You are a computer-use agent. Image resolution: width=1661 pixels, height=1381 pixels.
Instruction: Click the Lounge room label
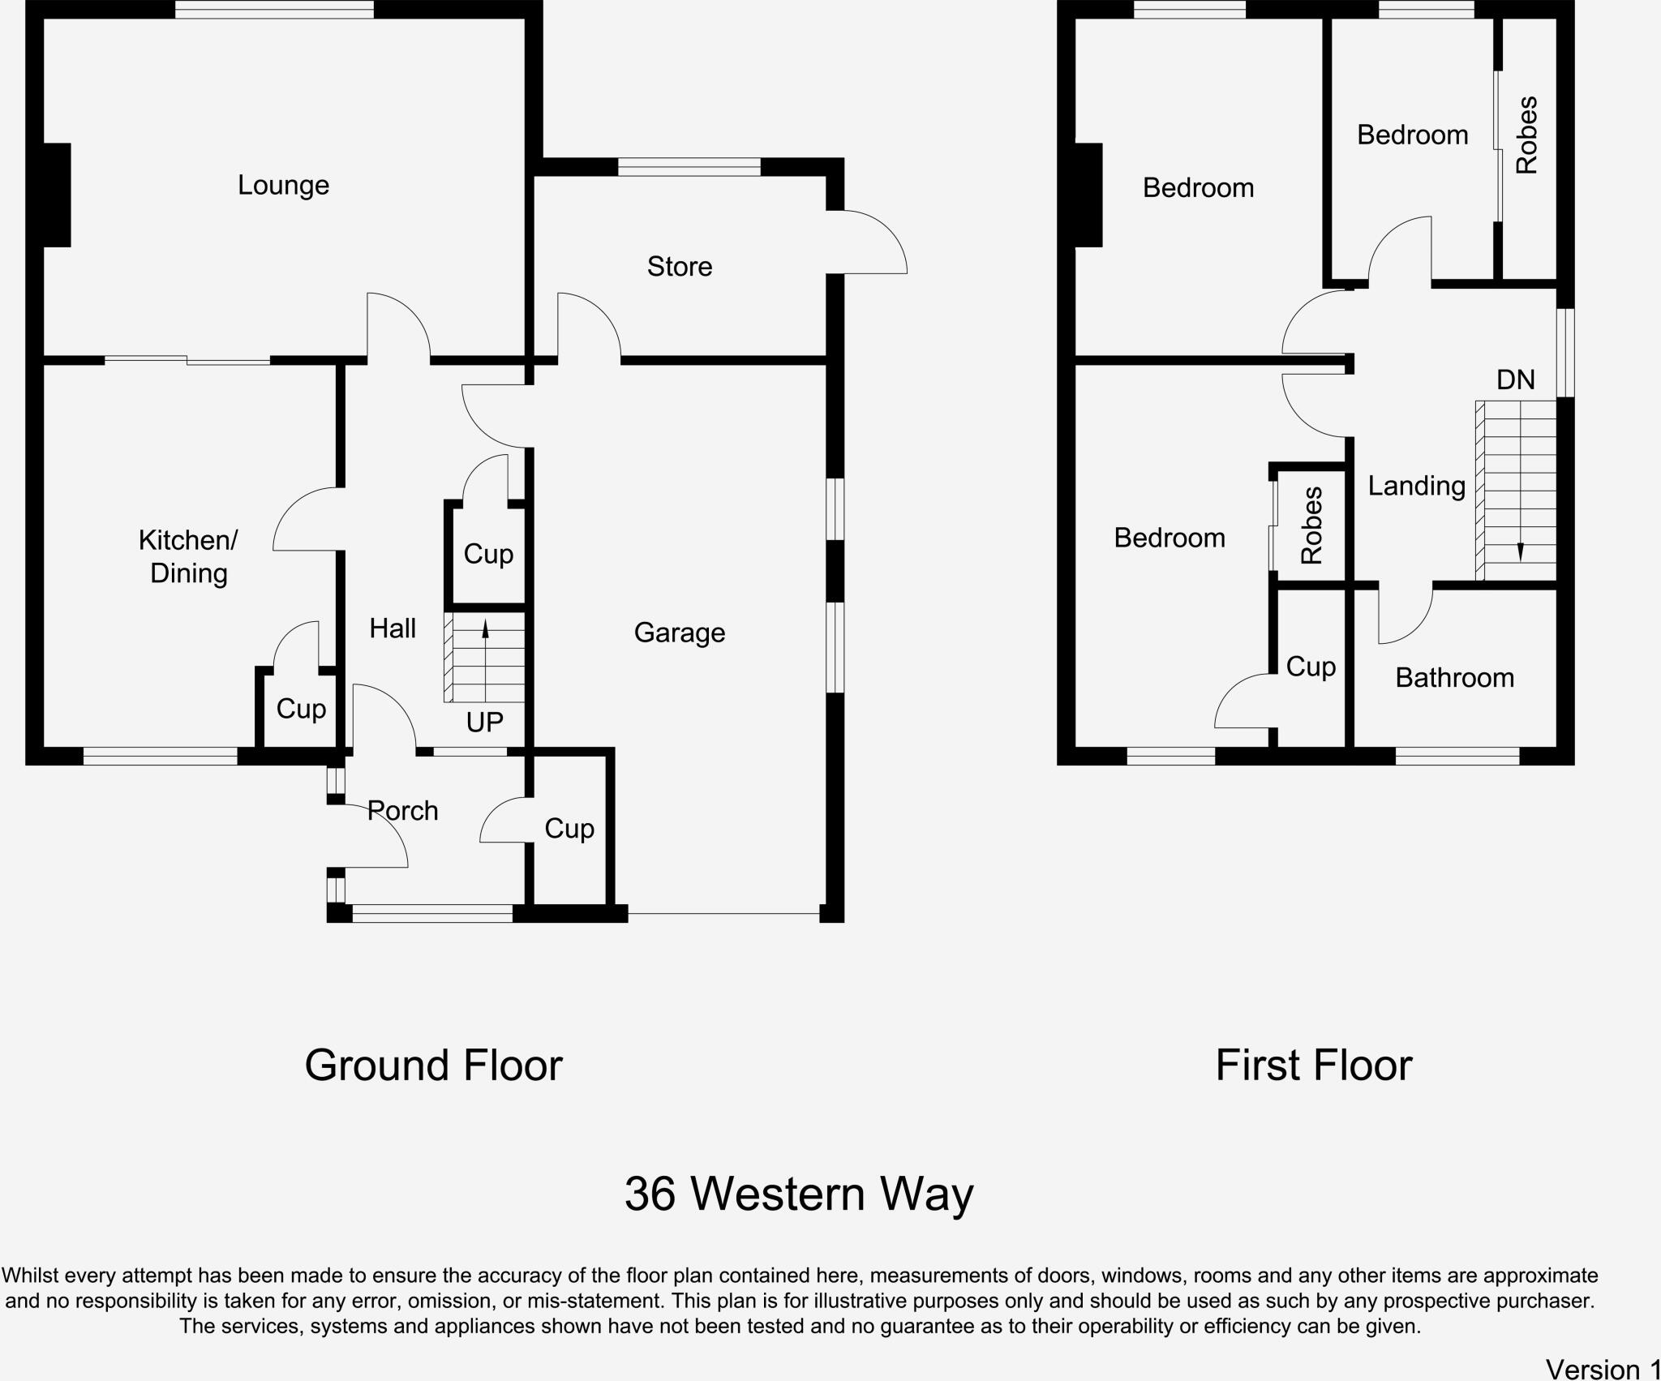click(x=283, y=186)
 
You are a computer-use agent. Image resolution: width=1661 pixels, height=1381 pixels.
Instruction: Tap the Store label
click(x=680, y=267)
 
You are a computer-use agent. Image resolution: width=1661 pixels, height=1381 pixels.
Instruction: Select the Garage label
click(x=680, y=633)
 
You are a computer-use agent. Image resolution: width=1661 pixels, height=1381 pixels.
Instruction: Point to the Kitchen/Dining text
click(x=188, y=556)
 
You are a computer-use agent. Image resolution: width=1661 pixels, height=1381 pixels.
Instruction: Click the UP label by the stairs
click(x=484, y=722)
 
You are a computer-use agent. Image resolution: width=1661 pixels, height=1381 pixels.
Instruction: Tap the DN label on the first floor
click(x=1515, y=380)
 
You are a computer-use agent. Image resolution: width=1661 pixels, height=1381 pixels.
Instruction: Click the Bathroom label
click(x=1454, y=678)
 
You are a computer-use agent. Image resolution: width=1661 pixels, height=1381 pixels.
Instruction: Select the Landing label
click(x=1416, y=486)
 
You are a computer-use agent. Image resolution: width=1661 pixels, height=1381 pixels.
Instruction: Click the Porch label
click(x=403, y=810)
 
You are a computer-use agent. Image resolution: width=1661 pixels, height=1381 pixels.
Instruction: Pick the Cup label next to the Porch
click(x=569, y=828)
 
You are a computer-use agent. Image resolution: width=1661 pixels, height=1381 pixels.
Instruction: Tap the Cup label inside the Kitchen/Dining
click(x=301, y=709)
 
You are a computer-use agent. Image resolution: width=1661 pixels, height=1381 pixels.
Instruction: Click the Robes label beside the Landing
click(x=1311, y=525)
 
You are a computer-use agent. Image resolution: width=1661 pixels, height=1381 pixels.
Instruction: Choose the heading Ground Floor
click(x=433, y=1066)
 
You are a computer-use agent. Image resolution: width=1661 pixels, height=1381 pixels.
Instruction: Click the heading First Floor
click(x=1313, y=1066)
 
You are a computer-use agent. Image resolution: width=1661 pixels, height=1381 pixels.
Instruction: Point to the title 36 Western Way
click(x=798, y=1194)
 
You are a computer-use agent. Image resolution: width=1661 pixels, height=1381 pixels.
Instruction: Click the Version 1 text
click(x=1602, y=1369)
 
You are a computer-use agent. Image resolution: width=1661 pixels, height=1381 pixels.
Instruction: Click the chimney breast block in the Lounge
click(x=56, y=195)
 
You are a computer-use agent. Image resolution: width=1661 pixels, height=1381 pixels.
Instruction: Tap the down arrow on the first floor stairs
click(x=1520, y=552)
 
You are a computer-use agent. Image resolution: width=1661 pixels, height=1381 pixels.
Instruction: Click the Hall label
click(x=393, y=628)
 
